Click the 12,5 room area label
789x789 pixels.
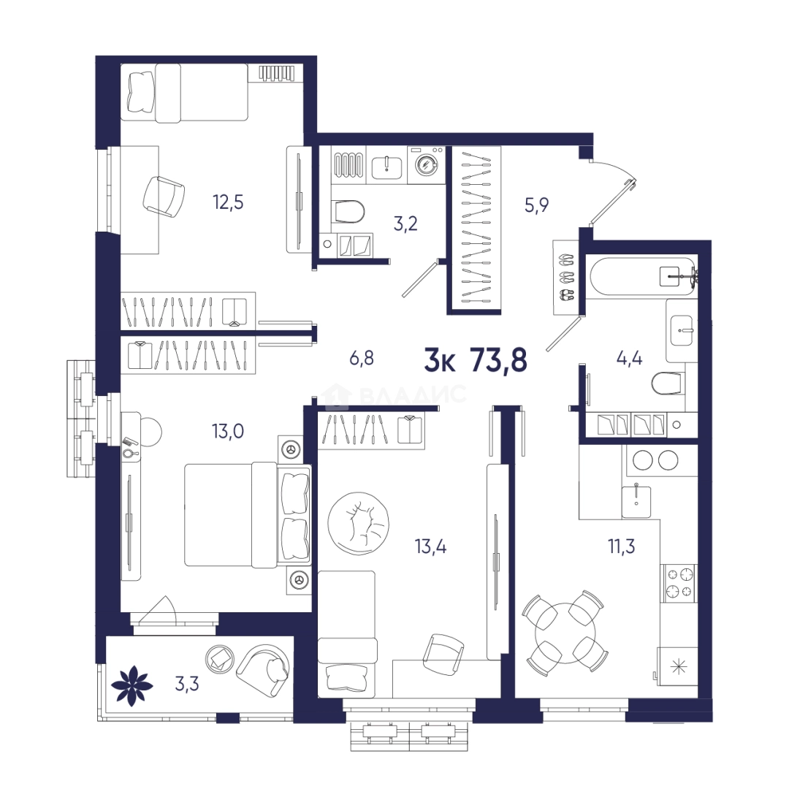pos(228,202)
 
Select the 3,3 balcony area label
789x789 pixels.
pos(187,684)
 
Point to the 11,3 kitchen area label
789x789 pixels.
pos(622,546)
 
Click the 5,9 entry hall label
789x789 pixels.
pos(536,205)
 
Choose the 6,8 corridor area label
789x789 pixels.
pos(362,359)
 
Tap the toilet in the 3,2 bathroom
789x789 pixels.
pos(348,212)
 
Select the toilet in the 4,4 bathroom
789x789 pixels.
pos(668,384)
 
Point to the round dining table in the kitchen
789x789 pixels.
pos(565,633)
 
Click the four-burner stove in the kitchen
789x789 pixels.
pos(679,583)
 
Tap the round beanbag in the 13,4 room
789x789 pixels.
pos(358,523)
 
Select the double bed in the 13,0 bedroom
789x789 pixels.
pos(247,515)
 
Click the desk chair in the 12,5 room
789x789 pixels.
pos(164,197)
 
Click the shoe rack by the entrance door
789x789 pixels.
pos(566,278)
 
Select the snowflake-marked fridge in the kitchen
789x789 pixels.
pos(677,666)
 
